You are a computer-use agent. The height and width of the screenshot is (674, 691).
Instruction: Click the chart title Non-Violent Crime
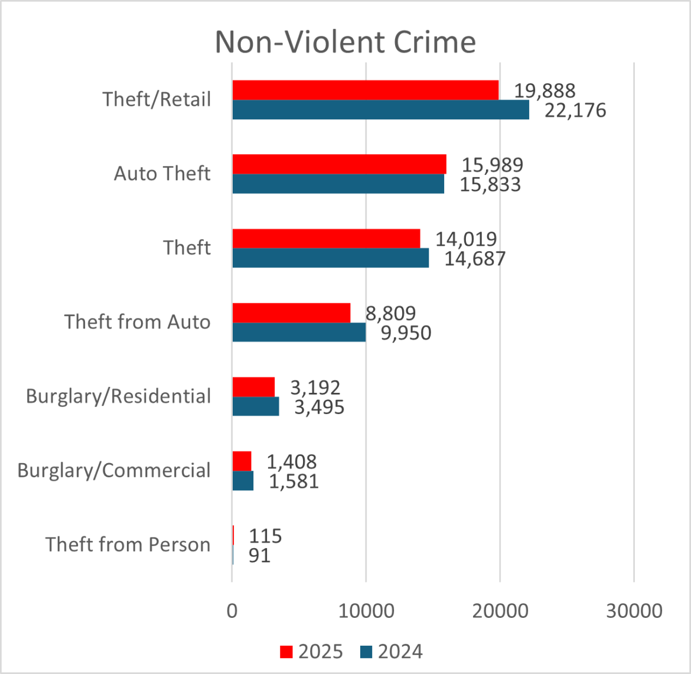click(x=345, y=41)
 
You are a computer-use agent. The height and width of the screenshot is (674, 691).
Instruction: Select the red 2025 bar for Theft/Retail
click(x=365, y=90)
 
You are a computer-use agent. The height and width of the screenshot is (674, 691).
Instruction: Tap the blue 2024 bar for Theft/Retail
click(x=380, y=110)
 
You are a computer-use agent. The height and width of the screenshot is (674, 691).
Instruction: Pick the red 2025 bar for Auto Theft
click(x=339, y=164)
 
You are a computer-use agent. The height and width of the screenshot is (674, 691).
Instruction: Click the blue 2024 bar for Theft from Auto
click(x=299, y=332)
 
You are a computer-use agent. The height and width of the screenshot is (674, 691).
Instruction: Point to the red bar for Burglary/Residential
click(x=253, y=387)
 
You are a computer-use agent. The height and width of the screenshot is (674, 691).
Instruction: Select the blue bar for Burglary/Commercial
click(x=243, y=481)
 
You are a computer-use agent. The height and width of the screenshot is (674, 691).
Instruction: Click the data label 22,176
click(x=575, y=110)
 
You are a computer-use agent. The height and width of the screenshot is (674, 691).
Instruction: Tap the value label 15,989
click(x=492, y=165)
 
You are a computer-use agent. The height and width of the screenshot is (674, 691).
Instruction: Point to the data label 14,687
click(x=475, y=258)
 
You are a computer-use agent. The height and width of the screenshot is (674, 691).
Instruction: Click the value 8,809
click(x=390, y=313)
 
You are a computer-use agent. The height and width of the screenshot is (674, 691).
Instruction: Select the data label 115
click(x=265, y=536)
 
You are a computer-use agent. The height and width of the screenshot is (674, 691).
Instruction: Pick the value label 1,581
click(x=294, y=481)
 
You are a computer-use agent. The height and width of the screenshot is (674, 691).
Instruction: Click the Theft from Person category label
click(x=128, y=544)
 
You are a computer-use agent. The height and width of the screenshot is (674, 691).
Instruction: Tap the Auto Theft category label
click(x=162, y=174)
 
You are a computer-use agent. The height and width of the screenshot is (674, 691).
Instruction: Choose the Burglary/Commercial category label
click(x=113, y=470)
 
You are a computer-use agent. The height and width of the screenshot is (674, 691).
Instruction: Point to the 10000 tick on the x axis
click(x=366, y=610)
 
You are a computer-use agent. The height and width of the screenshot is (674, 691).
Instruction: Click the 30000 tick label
click(x=634, y=610)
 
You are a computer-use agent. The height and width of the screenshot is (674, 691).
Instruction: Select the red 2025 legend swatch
click(x=286, y=652)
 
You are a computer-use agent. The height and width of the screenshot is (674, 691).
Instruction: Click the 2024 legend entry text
click(x=400, y=652)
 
